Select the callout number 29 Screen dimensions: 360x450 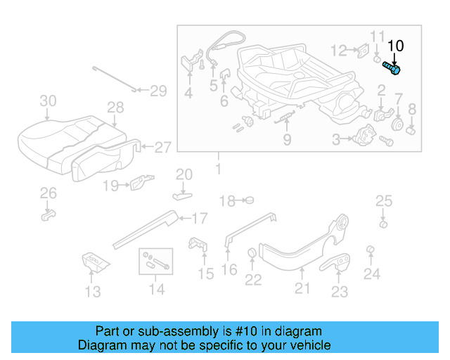[x=158, y=90]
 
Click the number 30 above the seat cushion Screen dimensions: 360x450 [x=47, y=101]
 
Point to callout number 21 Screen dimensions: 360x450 [x=302, y=287]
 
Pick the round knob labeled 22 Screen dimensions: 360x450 [x=252, y=254]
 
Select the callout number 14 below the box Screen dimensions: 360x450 [x=157, y=289]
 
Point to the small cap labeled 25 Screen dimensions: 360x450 [x=383, y=224]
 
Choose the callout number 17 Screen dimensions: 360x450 [x=200, y=218]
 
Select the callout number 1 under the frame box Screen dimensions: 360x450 [x=217, y=169]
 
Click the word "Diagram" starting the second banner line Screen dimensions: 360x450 [x=101, y=345]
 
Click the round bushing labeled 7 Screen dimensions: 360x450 [x=397, y=124]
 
